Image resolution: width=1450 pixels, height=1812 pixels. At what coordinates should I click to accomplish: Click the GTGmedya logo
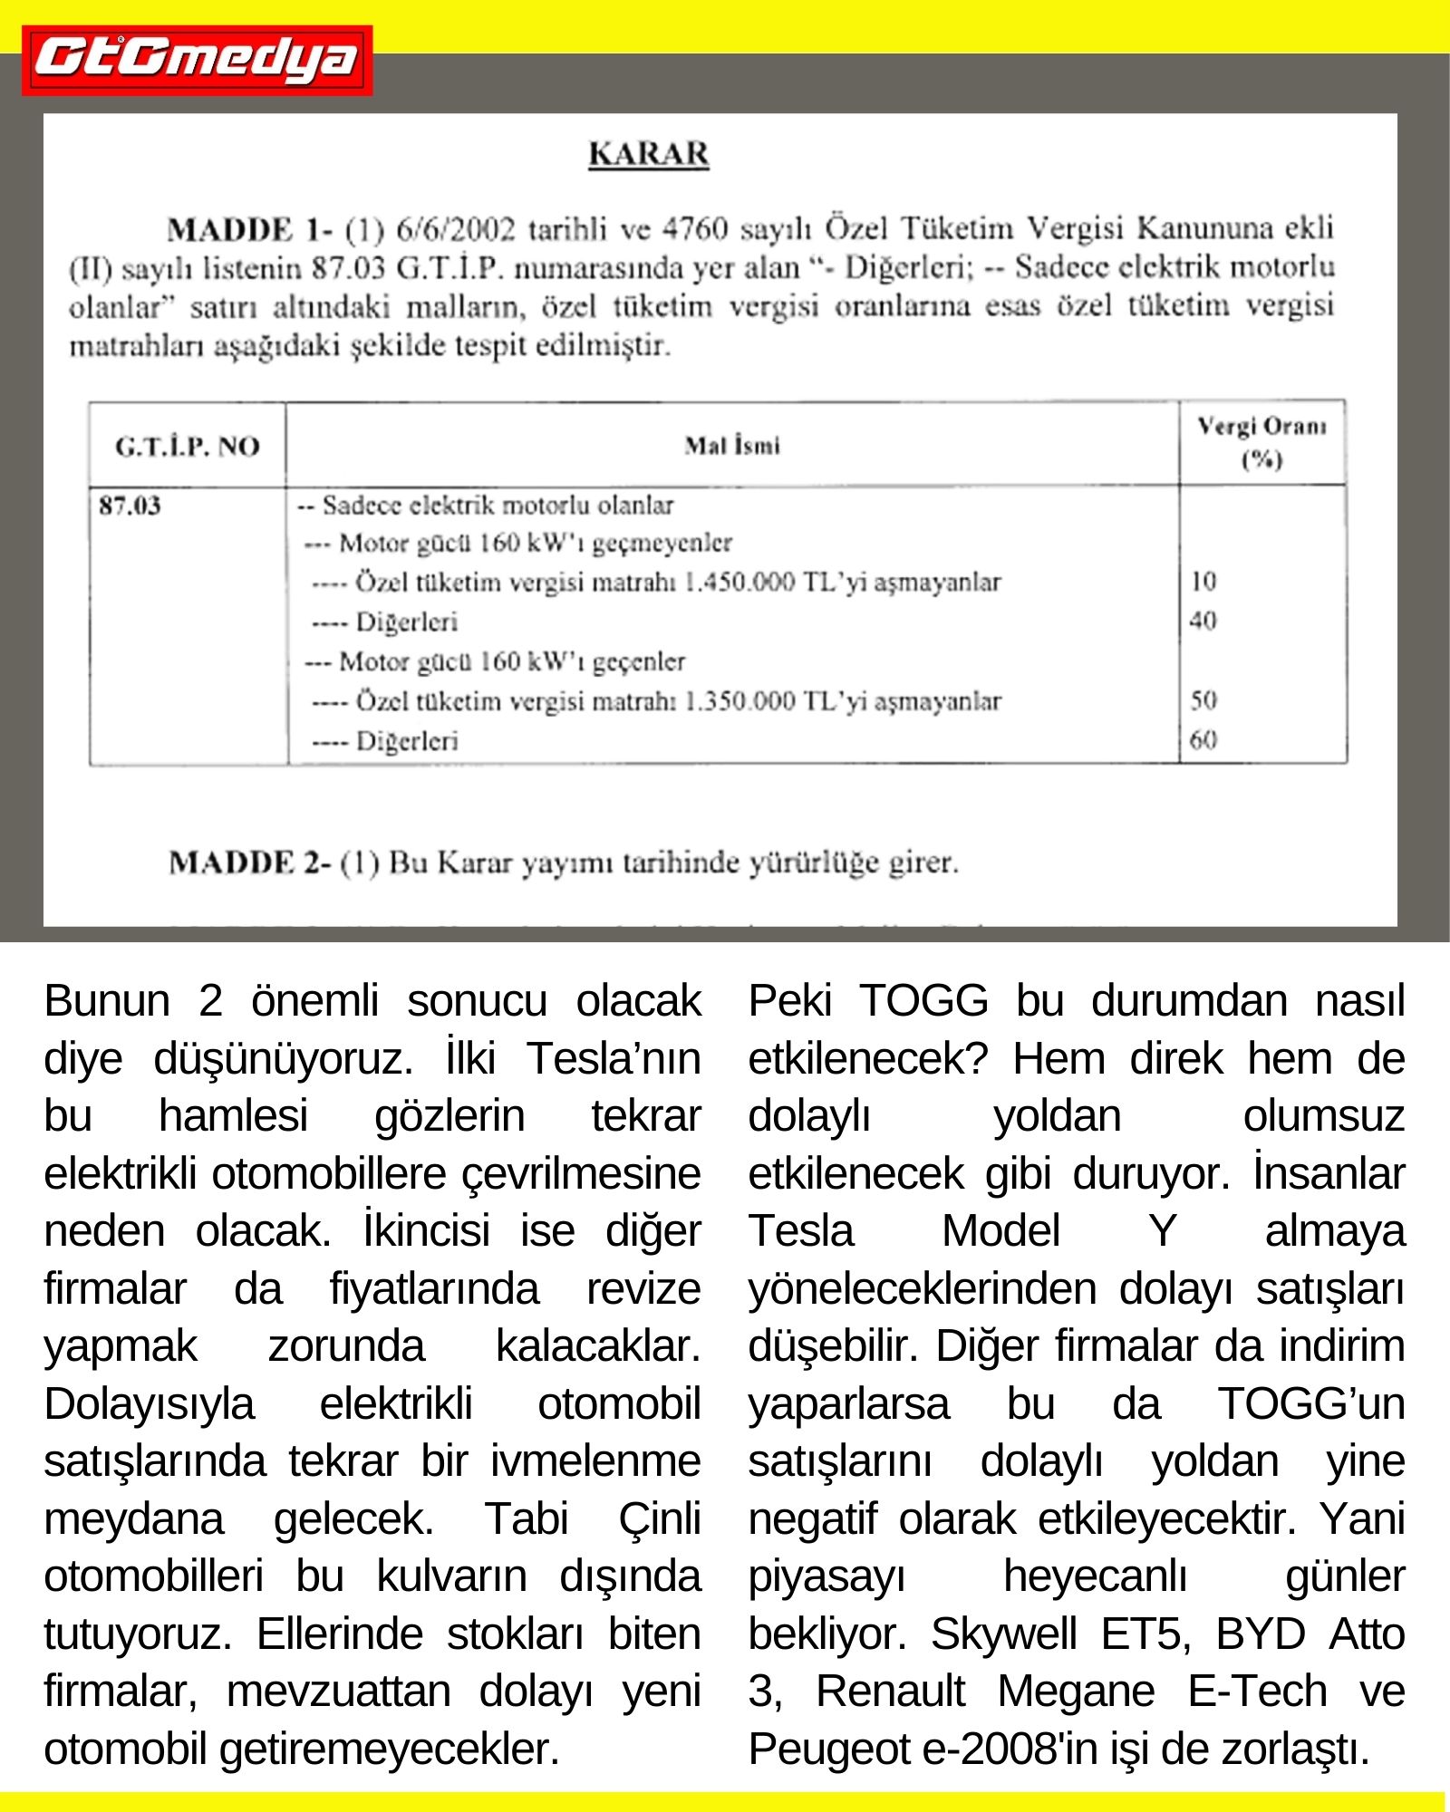point(197,61)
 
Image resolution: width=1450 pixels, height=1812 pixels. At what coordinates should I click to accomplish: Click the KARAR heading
point(649,154)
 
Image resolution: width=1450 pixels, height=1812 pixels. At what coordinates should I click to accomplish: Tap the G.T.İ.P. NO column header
point(187,446)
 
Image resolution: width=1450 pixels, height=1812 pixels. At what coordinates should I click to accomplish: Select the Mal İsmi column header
point(732,445)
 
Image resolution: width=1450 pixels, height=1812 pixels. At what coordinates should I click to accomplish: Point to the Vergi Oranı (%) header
point(1261,442)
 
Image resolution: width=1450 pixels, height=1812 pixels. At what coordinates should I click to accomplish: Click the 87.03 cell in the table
point(130,506)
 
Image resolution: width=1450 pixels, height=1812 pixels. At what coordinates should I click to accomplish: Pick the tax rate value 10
point(1203,581)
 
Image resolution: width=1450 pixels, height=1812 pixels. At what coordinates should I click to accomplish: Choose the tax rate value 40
point(1203,621)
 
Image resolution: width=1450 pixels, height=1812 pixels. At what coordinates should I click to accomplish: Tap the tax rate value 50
point(1203,699)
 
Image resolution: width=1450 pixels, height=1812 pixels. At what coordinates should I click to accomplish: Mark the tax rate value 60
point(1203,740)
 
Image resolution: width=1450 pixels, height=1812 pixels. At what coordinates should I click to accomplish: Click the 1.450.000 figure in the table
point(739,582)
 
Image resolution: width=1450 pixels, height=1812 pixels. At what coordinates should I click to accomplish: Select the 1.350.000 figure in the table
point(739,701)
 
